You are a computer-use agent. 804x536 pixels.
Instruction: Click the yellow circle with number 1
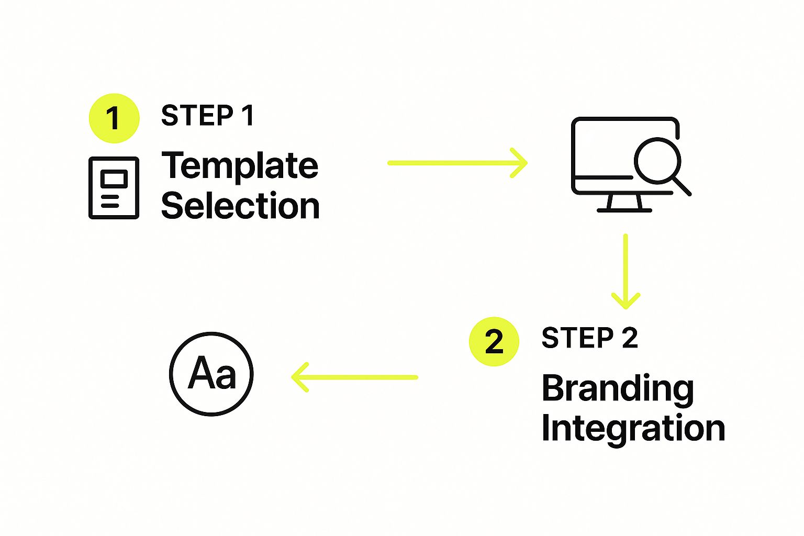tap(114, 118)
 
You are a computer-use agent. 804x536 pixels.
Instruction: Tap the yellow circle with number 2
tap(494, 341)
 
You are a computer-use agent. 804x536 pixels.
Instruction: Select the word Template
tap(240, 166)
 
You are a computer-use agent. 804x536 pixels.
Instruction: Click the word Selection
tap(240, 205)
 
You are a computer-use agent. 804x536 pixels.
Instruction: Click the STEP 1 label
tap(207, 116)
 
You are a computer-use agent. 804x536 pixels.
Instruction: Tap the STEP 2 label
tap(590, 338)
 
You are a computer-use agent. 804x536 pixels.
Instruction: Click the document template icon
tap(114, 188)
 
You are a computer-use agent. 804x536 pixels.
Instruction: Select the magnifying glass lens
tap(657, 161)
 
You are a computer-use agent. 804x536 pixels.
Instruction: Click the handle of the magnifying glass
tap(682, 186)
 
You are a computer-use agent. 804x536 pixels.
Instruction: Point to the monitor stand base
tap(624, 210)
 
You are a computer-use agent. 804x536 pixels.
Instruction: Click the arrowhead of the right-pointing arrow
tap(520, 163)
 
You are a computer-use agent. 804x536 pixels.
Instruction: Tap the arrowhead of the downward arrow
tap(626, 301)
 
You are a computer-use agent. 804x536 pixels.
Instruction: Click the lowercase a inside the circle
tap(226, 377)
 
